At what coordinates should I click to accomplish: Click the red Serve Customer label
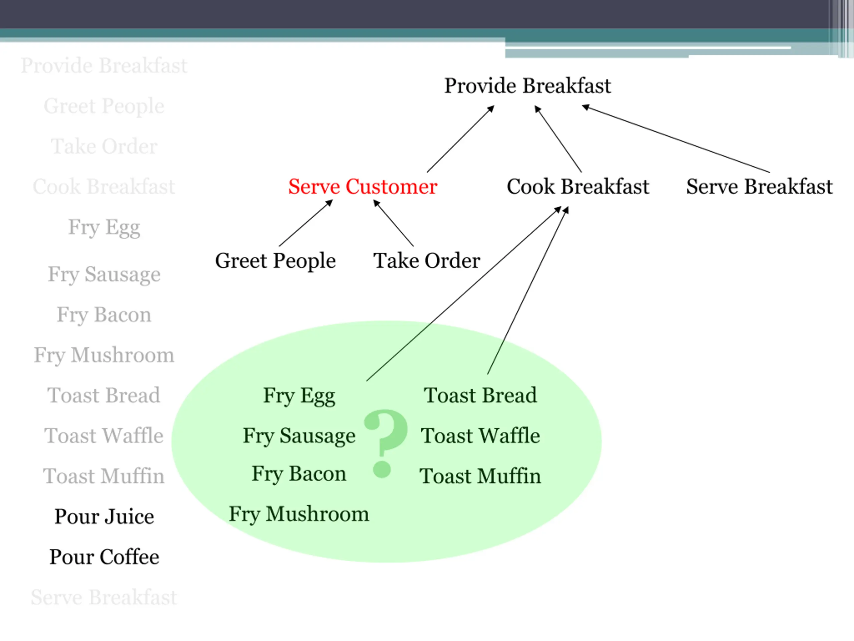pyautogui.click(x=363, y=187)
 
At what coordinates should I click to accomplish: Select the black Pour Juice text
pyautogui.click(x=104, y=516)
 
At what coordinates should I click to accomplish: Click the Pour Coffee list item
pyautogui.click(x=104, y=557)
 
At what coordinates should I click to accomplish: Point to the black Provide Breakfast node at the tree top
pyautogui.click(x=527, y=85)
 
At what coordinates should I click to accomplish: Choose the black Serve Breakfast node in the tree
pyautogui.click(x=759, y=187)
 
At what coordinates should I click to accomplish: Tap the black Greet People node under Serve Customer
pyautogui.click(x=275, y=261)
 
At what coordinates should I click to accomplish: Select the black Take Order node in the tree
pyautogui.click(x=427, y=261)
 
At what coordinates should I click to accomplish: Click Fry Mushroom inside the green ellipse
pyautogui.click(x=299, y=514)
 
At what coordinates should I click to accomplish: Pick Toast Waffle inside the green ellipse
pyautogui.click(x=480, y=436)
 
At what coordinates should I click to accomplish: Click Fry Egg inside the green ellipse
pyautogui.click(x=299, y=396)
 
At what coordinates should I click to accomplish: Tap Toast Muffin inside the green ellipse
pyautogui.click(x=480, y=476)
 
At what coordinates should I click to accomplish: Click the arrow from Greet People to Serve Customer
pyautogui.click(x=305, y=223)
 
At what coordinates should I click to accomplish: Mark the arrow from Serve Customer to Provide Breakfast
pyautogui.click(x=460, y=139)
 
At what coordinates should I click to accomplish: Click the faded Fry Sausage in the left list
pyautogui.click(x=104, y=274)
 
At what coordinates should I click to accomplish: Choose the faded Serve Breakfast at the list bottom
pyautogui.click(x=104, y=597)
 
